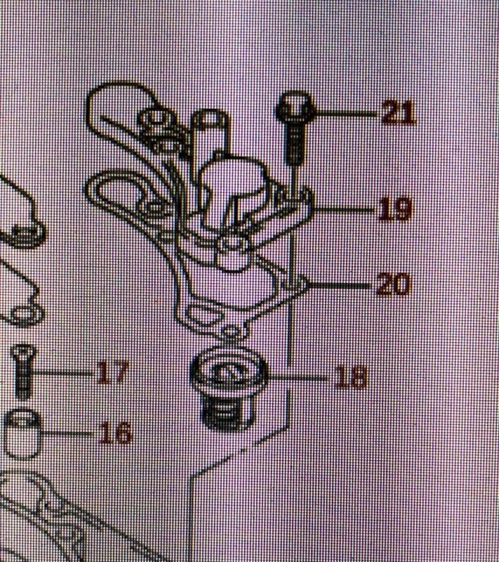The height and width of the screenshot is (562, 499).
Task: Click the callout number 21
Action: tap(398, 112)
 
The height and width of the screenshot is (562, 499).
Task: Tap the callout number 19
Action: tap(394, 210)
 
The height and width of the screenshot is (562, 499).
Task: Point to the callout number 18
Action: tap(350, 377)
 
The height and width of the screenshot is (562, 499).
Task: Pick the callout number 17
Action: tap(112, 373)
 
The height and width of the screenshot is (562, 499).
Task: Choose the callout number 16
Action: tap(114, 433)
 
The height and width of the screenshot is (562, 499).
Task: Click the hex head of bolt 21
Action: tap(295, 109)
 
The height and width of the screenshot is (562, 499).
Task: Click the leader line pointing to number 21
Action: tap(344, 112)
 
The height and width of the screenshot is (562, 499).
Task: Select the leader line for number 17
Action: tap(63, 372)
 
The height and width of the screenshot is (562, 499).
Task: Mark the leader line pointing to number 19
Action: tap(344, 210)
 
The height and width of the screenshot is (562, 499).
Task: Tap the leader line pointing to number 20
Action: tap(340, 285)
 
